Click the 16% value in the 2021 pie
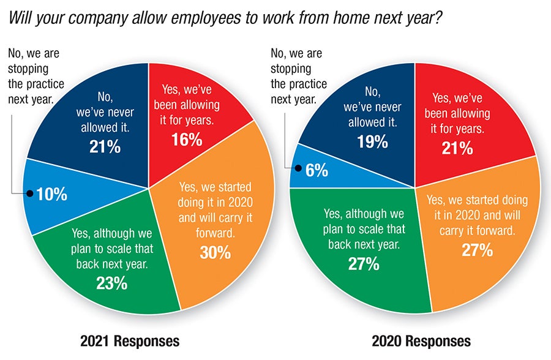coord(187,140)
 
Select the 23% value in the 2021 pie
coord(111,283)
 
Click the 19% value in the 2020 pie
coord(373,141)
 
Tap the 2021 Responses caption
coord(130,340)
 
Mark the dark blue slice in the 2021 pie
coord(92,110)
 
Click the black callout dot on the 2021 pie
coord(29,194)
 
